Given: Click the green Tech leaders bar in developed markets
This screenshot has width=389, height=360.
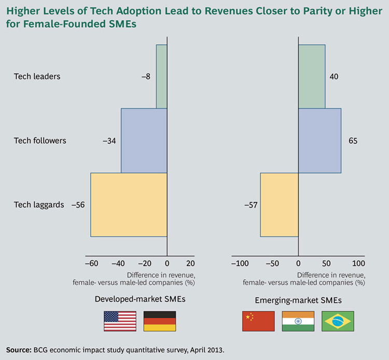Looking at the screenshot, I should click(161, 76).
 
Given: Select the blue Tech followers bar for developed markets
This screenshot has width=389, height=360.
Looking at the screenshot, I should click(144, 140).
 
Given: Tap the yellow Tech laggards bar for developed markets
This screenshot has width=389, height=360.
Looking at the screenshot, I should click(129, 204).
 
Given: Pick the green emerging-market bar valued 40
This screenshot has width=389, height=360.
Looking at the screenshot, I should click(312, 76).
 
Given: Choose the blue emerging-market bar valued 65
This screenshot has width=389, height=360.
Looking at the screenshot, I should click(319, 140).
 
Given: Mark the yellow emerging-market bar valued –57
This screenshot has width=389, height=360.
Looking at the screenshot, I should click(279, 204).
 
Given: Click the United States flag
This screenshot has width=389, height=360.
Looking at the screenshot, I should click(120, 321).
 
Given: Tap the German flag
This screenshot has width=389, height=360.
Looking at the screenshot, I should click(160, 321).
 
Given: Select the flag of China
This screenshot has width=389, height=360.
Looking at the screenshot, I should click(258, 321).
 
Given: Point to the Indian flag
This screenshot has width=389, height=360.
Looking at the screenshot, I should click(298, 321).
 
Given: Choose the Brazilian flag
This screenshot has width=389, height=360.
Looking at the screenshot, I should click(338, 321).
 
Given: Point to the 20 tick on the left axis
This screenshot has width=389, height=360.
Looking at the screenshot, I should click(190, 264).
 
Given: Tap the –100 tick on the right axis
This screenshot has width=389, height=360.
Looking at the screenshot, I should click(241, 264).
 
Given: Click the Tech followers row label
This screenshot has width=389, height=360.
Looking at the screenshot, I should click(40, 141).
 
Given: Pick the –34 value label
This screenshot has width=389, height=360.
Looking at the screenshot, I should click(109, 141).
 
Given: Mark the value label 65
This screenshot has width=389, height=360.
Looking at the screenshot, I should click(353, 141).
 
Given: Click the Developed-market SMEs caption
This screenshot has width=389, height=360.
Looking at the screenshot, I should click(140, 299).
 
